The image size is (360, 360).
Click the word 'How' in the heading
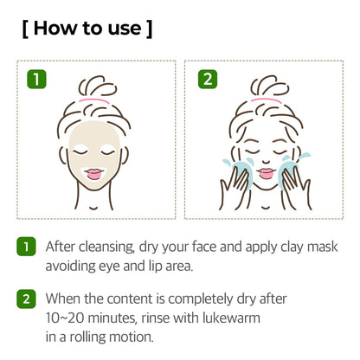click(x=55, y=29)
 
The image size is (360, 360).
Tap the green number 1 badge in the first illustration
click(x=36, y=79)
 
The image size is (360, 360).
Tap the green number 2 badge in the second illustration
click(x=208, y=79)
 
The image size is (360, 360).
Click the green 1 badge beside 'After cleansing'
click(x=26, y=247)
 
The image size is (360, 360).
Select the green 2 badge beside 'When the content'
click(x=26, y=299)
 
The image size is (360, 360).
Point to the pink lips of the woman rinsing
click(x=266, y=173)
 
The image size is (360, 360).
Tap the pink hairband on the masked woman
click(x=93, y=100)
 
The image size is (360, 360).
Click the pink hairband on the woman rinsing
click(x=266, y=100)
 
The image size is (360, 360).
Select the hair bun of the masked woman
click(x=98, y=86)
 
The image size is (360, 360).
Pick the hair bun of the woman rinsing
click(x=270, y=86)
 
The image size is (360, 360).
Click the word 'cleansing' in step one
click(x=106, y=247)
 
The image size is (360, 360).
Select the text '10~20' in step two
click(x=65, y=318)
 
